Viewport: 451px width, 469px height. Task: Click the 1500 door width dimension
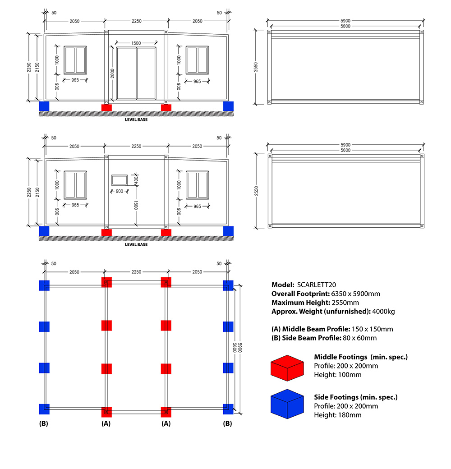136,43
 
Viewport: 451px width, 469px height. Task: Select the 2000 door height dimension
113,71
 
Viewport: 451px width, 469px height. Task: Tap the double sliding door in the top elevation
136,73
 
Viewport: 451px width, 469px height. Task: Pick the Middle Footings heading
361,357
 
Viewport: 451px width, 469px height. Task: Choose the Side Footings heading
356,397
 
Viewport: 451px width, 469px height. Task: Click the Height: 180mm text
338,415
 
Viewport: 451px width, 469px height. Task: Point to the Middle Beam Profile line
332,329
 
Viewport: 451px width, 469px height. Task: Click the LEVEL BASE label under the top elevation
136,120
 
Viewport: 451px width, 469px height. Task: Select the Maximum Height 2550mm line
315,303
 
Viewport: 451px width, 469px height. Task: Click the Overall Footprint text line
326,294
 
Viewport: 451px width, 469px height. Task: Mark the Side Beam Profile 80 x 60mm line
324,338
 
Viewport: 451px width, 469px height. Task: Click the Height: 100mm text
338,375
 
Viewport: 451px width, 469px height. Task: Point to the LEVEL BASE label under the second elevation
136,245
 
